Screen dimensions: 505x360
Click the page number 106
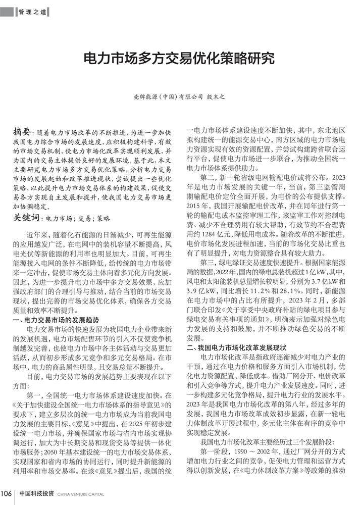tap(7, 493)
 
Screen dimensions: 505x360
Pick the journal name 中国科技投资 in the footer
tap(37, 493)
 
